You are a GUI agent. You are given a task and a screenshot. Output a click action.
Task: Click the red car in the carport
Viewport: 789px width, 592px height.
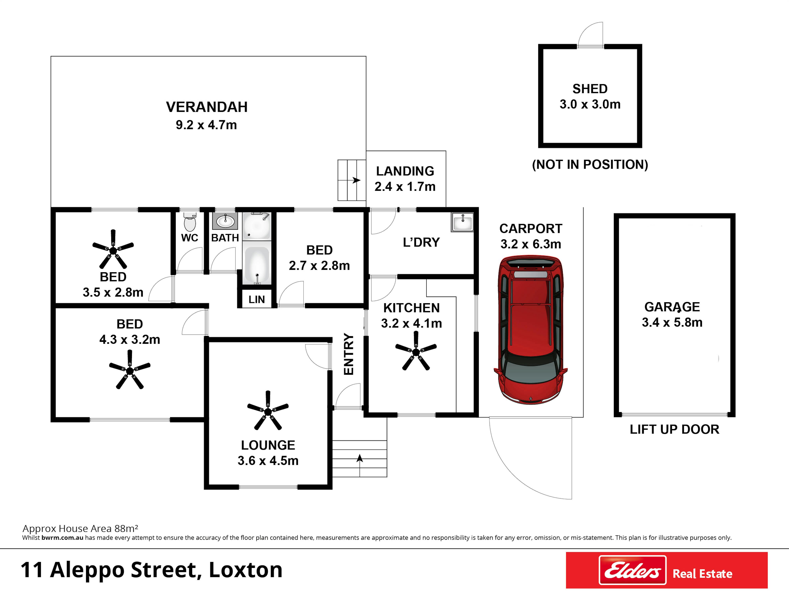pos(530,329)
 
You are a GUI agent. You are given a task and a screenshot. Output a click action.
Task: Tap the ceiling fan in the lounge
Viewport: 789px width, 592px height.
pos(268,411)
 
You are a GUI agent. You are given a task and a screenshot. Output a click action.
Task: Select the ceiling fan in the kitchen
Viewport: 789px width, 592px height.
pos(416,351)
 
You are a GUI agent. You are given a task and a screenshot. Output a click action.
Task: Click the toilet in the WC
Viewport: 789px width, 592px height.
pos(189,222)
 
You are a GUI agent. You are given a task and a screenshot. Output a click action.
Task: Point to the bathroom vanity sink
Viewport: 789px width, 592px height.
pos(225,221)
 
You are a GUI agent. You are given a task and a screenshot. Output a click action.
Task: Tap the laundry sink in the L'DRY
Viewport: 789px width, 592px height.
pos(462,222)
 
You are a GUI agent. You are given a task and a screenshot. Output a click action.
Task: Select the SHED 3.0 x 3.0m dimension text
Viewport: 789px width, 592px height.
pos(590,104)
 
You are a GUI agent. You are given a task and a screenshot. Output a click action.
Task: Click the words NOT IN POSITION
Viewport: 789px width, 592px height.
pos(590,164)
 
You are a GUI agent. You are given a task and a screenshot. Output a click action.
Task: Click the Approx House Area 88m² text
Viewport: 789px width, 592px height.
pos(80,528)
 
